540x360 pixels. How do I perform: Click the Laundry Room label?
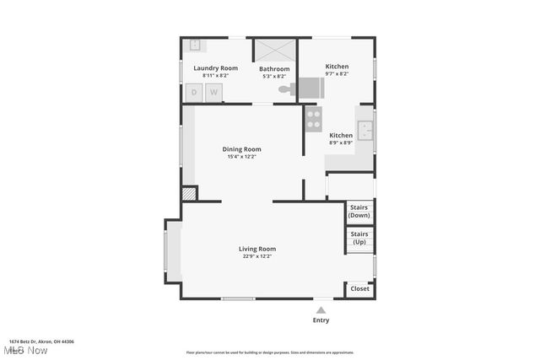tap(215, 67)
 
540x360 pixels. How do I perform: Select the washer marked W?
tap(214, 92)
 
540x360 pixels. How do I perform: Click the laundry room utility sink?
tap(194, 46)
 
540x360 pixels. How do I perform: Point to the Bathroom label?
tap(274, 68)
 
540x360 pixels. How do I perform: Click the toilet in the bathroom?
tap(286, 87)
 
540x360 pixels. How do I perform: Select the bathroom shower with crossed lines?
tap(274, 50)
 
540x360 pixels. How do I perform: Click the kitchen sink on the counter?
tap(365, 131)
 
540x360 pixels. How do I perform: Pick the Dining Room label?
tap(241, 149)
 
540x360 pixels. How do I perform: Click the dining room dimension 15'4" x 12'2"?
tap(241, 157)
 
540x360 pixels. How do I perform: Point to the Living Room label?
tap(257, 249)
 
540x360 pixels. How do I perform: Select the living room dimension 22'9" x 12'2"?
tap(257, 256)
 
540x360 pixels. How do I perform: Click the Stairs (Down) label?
tap(359, 211)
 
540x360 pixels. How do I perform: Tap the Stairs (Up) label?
tap(359, 238)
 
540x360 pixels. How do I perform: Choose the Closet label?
tap(359, 288)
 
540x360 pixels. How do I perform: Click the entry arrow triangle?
tap(321, 310)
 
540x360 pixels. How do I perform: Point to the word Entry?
tap(321, 320)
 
